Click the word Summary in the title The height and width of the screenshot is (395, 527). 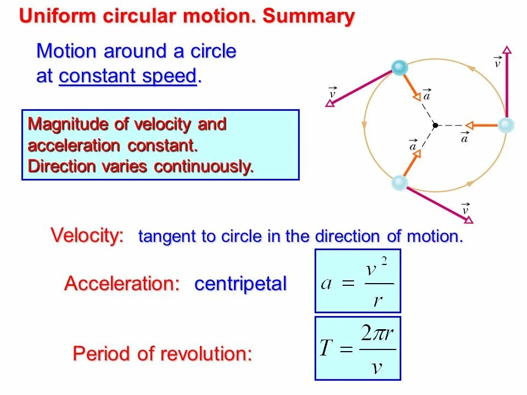[x=309, y=16]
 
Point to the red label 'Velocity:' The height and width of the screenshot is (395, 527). [x=87, y=235]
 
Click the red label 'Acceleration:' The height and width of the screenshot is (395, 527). [x=122, y=284]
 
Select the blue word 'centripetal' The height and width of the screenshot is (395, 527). [x=240, y=284]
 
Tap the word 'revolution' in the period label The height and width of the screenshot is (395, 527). [x=206, y=354]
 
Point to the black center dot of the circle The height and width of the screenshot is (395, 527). [x=435, y=125]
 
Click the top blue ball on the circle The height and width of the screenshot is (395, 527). [x=400, y=68]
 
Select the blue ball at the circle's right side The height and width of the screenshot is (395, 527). [x=506, y=126]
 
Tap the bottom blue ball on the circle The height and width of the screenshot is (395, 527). [x=400, y=183]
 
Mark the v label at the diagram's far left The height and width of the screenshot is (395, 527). [x=332, y=93]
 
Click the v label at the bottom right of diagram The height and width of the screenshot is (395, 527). [x=466, y=209]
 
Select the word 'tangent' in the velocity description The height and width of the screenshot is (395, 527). [x=168, y=237]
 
